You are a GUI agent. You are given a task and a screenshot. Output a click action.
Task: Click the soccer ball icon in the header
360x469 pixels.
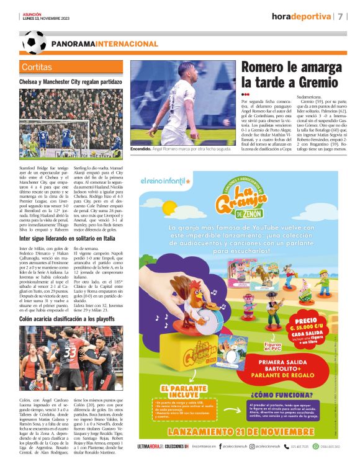coord(34,42)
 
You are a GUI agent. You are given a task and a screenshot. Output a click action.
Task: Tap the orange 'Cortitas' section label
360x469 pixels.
coord(37,66)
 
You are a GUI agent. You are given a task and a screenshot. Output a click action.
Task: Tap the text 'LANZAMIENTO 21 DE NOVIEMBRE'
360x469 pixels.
coord(239,428)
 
